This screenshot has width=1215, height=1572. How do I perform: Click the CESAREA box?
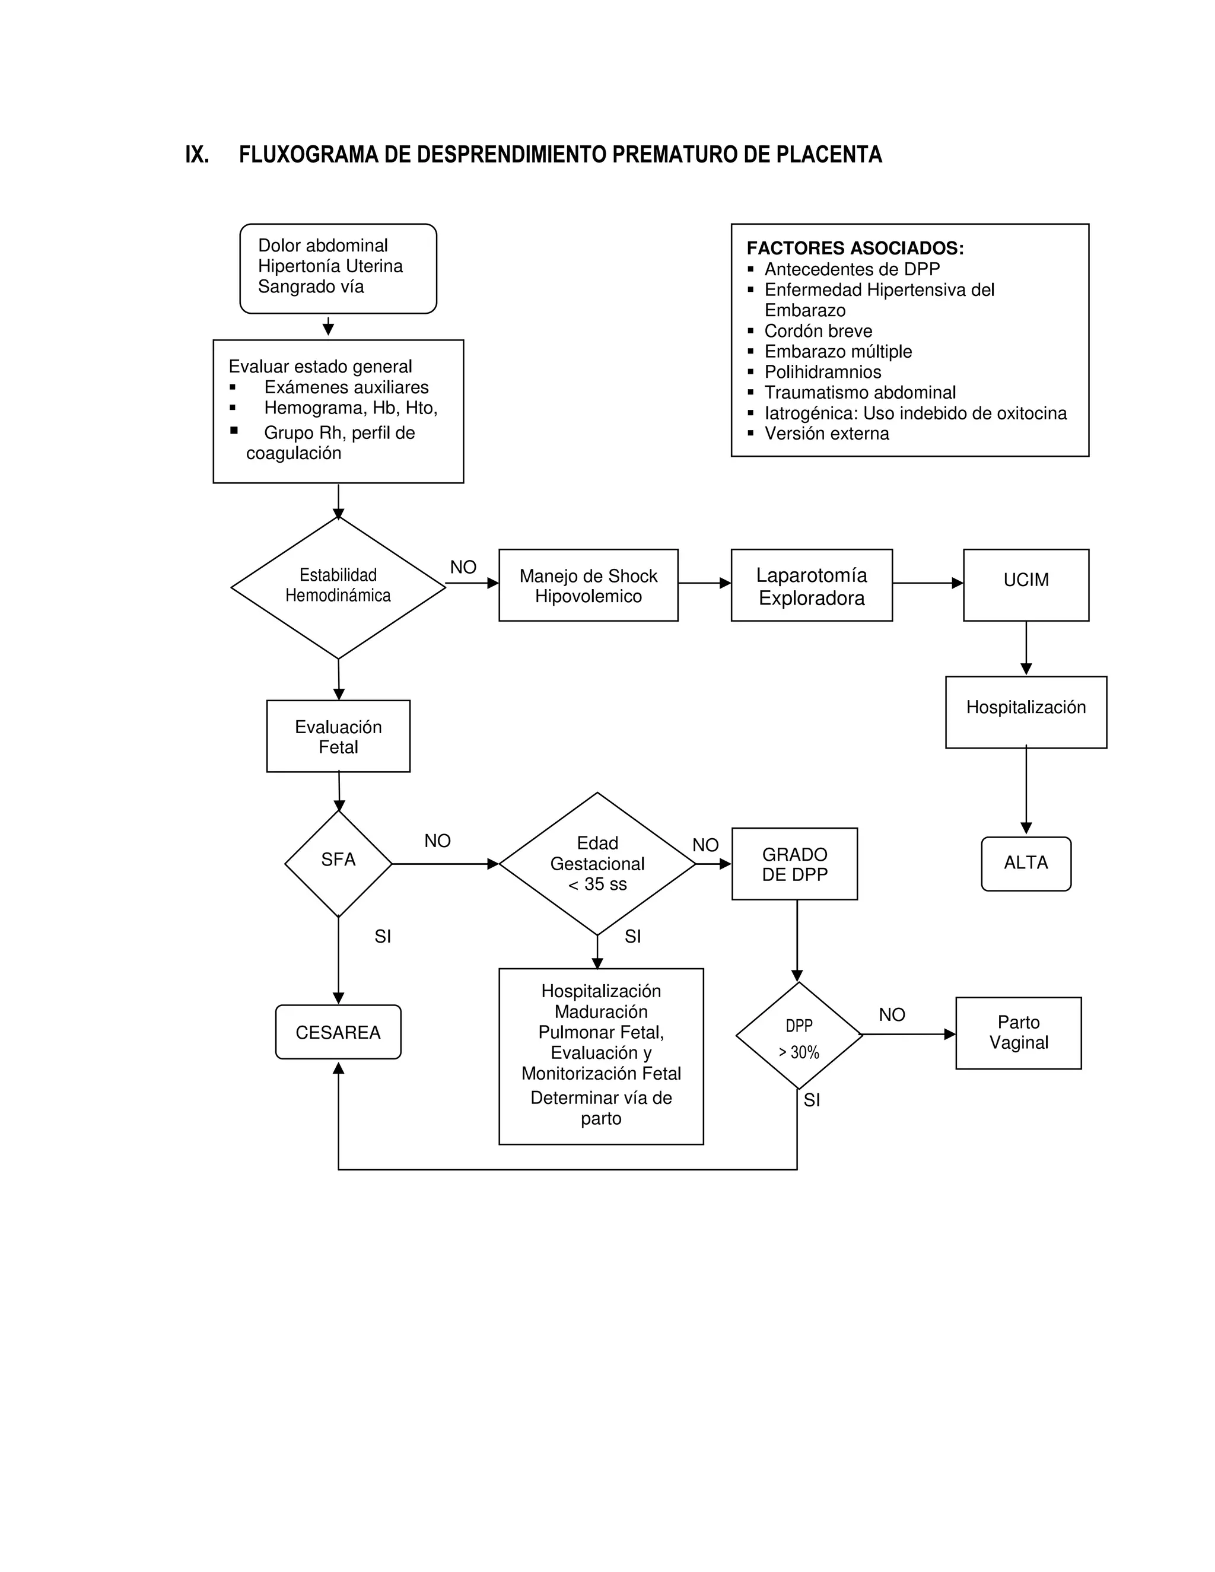pos(338,1032)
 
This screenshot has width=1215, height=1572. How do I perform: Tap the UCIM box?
pos(1025,584)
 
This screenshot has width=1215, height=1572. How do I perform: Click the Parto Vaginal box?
pos(1018,1032)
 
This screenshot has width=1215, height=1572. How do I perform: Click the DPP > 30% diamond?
pos(799,1037)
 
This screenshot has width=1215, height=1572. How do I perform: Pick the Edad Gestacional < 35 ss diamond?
pos(597,863)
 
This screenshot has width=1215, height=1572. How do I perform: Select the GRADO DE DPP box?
pos(794,863)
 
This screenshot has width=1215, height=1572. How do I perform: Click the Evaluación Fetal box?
pos(338,736)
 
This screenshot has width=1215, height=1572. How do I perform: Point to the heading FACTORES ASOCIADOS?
pos(854,249)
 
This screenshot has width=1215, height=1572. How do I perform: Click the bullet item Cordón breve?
pos(818,331)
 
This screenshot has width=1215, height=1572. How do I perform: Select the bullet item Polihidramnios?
pos(822,372)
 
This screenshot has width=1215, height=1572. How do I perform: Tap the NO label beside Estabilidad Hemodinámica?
pos(463,567)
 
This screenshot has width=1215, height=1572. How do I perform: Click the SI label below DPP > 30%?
pos(811,1100)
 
